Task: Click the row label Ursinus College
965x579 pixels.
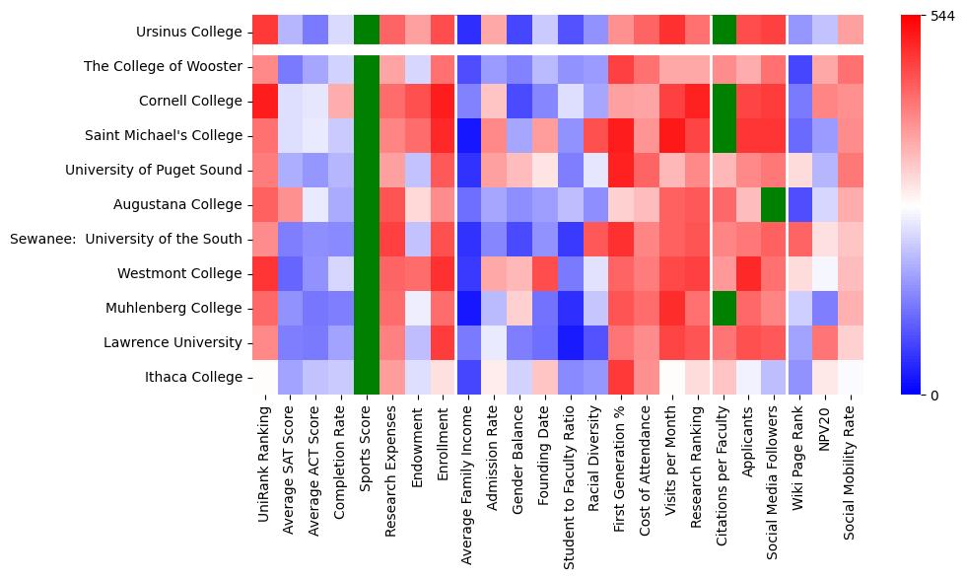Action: tap(189, 32)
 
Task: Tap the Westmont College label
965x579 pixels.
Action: tap(187, 273)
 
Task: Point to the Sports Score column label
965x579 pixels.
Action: tap(367, 455)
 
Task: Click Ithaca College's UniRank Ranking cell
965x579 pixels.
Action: tap(264, 377)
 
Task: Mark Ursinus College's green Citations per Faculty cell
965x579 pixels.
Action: tap(725, 32)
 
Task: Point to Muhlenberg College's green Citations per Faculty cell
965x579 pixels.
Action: tap(725, 308)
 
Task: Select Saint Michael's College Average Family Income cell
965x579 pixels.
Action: tap(469, 135)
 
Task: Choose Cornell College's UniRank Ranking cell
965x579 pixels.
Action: tap(264, 101)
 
